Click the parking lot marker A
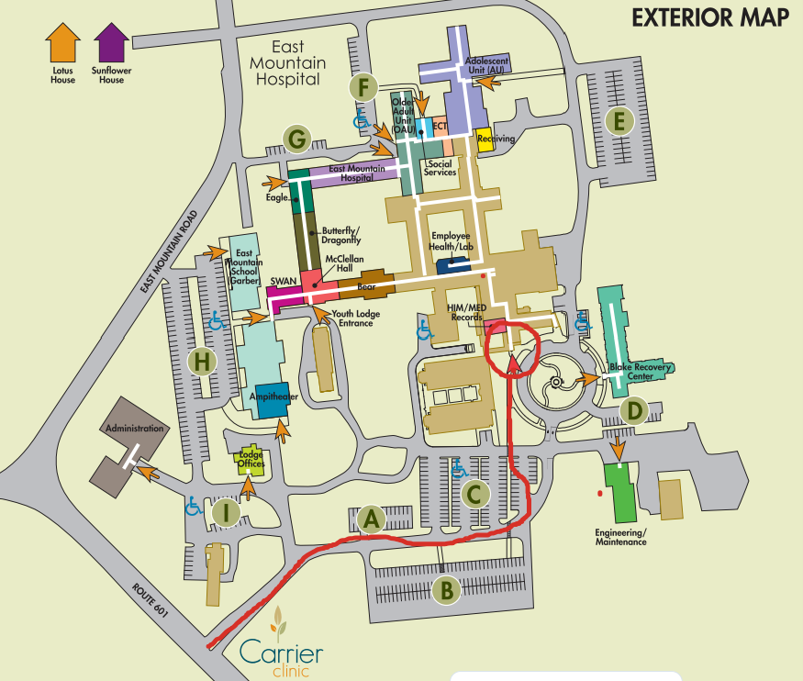point(371,520)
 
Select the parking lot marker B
point(446,591)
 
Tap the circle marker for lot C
point(474,495)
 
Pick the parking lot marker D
point(633,410)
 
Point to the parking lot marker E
point(621,120)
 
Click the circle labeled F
point(364,88)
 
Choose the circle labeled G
point(296,138)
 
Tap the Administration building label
point(134,429)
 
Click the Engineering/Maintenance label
point(620,537)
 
